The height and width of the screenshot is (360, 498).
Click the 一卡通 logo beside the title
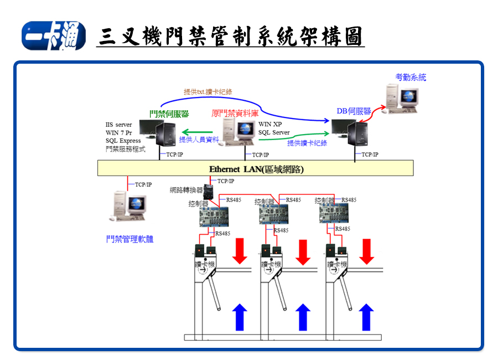(x=54, y=37)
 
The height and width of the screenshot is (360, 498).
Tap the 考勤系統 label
(x=411, y=78)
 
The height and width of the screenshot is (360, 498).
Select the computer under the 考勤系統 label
(x=400, y=99)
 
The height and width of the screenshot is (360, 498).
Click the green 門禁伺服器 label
(x=169, y=114)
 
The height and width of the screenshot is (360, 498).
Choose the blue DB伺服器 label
(x=354, y=111)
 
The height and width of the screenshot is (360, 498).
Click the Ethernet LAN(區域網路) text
(x=256, y=169)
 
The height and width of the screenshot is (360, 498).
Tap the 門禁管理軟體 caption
(x=129, y=239)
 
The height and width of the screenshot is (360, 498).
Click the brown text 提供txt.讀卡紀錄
(x=208, y=92)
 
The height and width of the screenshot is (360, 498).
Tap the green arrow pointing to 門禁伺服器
(x=199, y=132)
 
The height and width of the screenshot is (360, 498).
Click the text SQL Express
(x=123, y=141)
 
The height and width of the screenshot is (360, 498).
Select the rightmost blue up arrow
(x=365, y=317)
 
